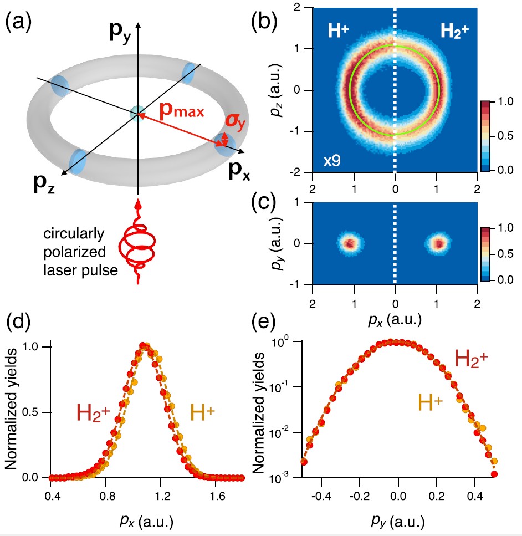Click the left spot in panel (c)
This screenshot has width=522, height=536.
[350, 243]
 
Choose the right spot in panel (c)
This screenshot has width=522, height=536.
[438, 243]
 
